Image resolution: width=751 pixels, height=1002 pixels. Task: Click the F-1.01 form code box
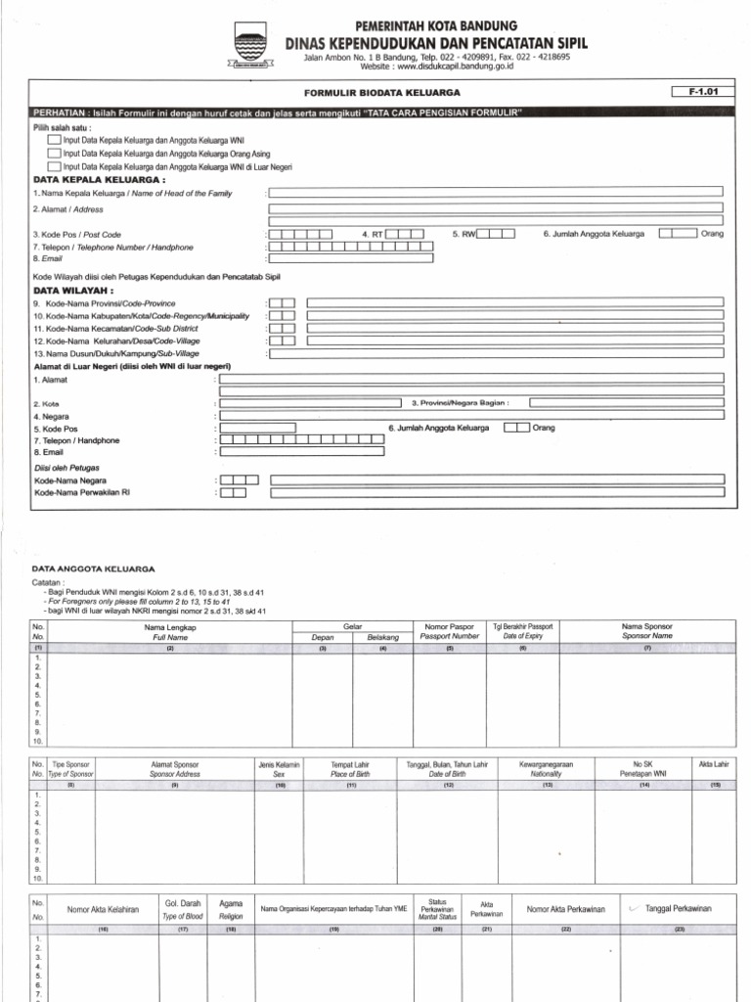pyautogui.click(x=701, y=92)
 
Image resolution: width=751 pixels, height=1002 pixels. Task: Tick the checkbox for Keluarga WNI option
pyautogui.click(x=53, y=140)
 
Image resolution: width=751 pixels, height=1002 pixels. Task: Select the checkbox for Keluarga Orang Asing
pyautogui.click(x=53, y=153)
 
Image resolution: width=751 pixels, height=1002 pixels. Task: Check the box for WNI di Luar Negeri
pyautogui.click(x=53, y=166)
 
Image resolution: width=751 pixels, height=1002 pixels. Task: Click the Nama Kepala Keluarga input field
pyautogui.click(x=496, y=192)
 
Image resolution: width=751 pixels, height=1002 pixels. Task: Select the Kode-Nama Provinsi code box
pyautogui.click(x=281, y=303)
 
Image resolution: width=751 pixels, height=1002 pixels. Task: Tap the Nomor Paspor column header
pyautogui.click(x=449, y=631)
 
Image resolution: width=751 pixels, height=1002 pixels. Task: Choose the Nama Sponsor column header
pyautogui.click(x=647, y=631)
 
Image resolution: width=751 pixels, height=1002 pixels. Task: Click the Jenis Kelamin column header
pyautogui.click(x=279, y=768)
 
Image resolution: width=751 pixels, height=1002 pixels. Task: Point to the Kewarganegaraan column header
pyautogui.click(x=547, y=768)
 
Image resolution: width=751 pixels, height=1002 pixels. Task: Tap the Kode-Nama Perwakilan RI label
pyautogui.click(x=81, y=492)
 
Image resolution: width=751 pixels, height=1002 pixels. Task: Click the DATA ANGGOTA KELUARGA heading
pyautogui.click(x=93, y=569)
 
